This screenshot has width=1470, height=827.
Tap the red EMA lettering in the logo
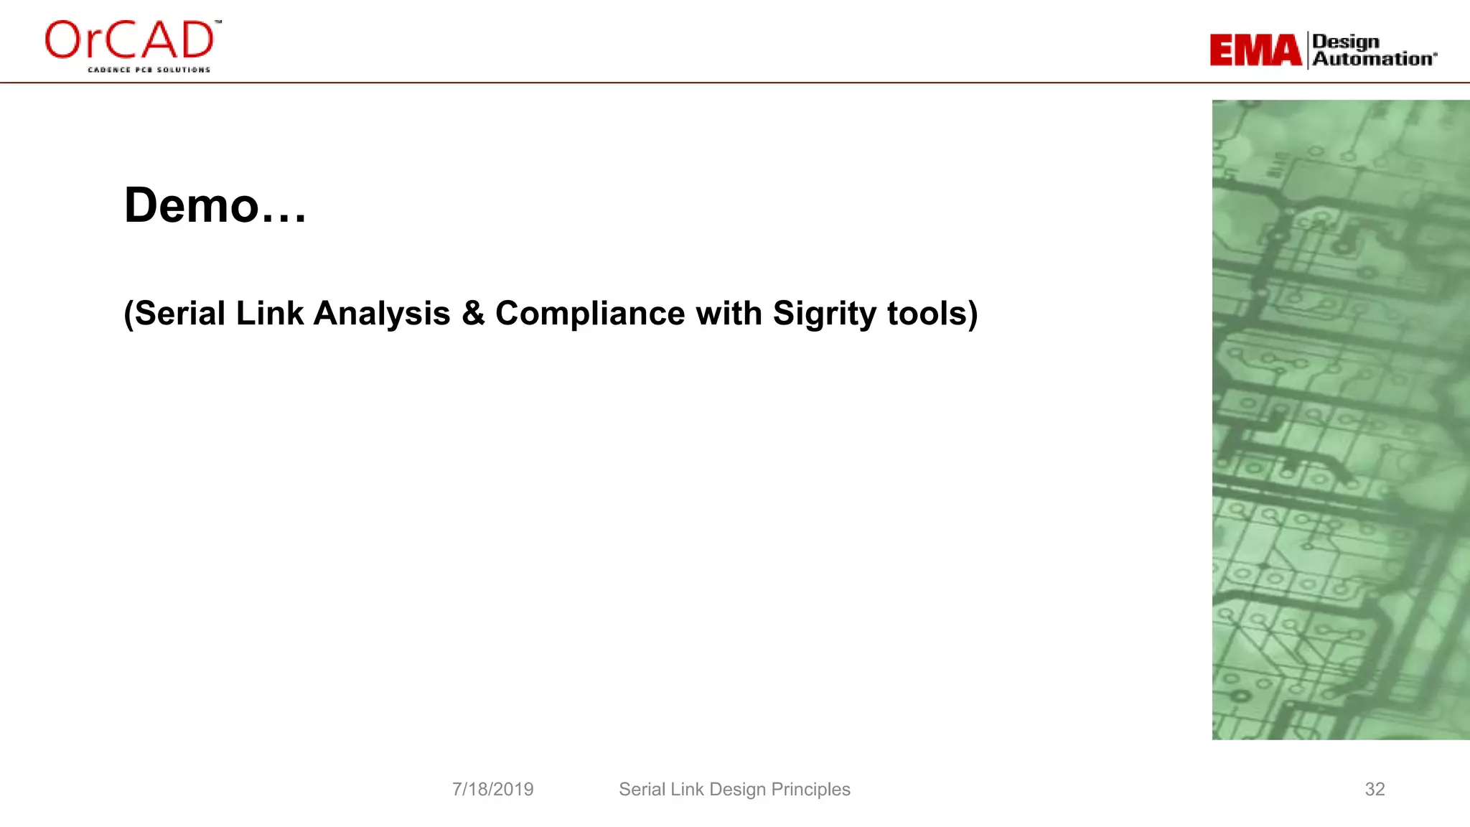[1255, 50]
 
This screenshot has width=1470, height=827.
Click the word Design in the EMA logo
[1346, 42]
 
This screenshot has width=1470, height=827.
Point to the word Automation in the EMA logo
[1374, 59]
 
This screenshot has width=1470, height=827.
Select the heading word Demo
[191, 206]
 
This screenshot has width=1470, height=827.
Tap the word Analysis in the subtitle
[382, 314]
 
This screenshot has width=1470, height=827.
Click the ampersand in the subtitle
[473, 314]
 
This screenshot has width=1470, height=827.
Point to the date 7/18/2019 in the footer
[492, 789]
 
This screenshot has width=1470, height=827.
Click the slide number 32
[1375, 789]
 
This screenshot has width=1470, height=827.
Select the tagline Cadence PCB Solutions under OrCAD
[149, 70]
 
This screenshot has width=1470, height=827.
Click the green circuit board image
[1340, 419]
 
